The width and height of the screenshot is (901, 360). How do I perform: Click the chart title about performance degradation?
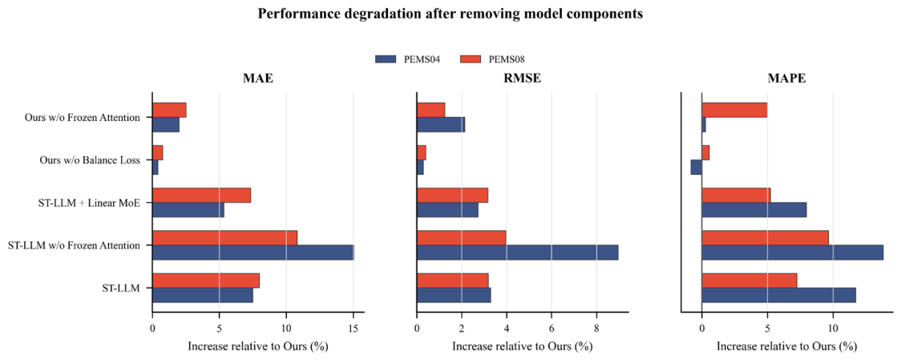point(450,14)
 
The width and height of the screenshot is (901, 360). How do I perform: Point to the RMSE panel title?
point(522,79)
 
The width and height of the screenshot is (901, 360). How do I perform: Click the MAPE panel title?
point(786,79)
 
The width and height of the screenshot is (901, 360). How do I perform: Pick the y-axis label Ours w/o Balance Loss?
point(83,160)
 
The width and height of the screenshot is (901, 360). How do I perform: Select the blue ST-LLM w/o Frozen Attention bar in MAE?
point(253,253)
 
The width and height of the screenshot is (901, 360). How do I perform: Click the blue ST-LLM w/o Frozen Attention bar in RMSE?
point(518,253)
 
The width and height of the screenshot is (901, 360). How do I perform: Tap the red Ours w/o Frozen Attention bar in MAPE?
point(734,110)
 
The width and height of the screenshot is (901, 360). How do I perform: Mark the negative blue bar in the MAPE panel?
point(697,168)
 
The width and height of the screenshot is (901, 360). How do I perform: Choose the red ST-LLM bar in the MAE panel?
point(206,281)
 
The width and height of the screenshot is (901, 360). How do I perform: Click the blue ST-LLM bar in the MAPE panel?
point(778,295)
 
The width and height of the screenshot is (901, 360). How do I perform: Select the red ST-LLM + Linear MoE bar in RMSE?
point(453,196)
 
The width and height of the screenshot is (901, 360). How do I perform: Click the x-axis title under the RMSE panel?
point(522,347)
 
